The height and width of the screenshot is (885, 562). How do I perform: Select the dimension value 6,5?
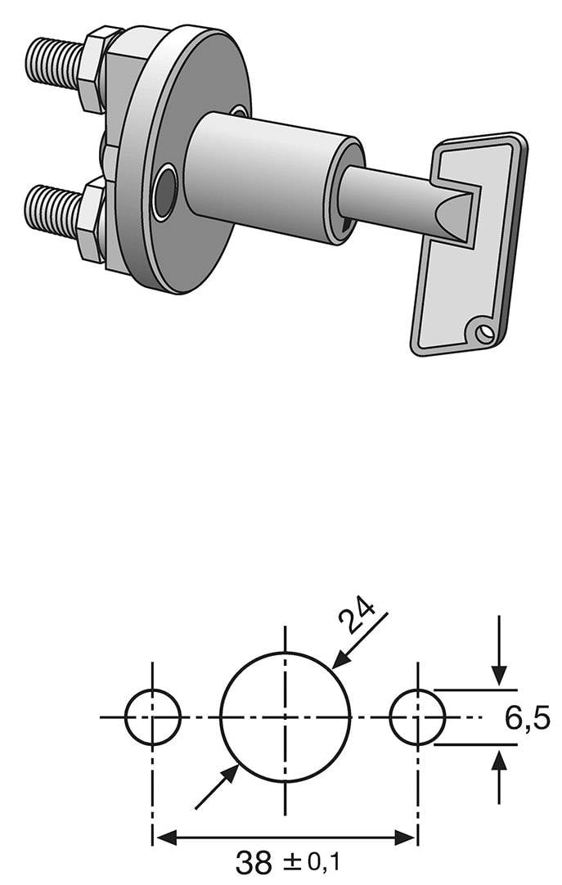coord(527,719)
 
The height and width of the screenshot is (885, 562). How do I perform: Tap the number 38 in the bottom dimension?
coord(254,862)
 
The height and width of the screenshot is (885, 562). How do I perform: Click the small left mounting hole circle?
coord(153,717)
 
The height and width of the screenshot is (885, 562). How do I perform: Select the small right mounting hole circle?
coord(417,717)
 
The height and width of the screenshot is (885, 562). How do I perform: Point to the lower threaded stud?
coord(51,209)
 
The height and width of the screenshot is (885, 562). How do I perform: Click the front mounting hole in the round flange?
coord(165,191)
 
